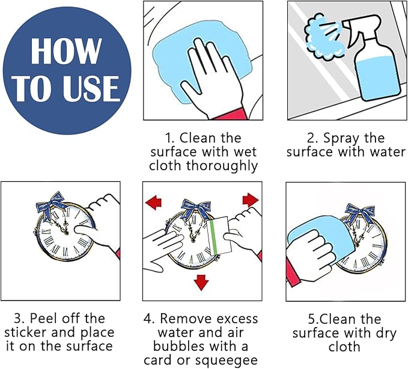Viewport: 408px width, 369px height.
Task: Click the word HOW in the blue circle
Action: (x=66, y=51)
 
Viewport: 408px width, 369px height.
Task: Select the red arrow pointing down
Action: (x=201, y=282)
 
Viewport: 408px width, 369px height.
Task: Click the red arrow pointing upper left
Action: (x=154, y=202)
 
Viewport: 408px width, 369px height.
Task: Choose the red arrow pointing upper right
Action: (x=251, y=200)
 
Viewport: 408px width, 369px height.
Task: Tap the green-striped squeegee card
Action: (x=219, y=235)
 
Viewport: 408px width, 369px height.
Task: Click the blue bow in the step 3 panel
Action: (x=51, y=205)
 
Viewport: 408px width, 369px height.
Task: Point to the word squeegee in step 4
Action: (x=227, y=361)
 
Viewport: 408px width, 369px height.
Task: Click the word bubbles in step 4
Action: (x=179, y=346)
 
